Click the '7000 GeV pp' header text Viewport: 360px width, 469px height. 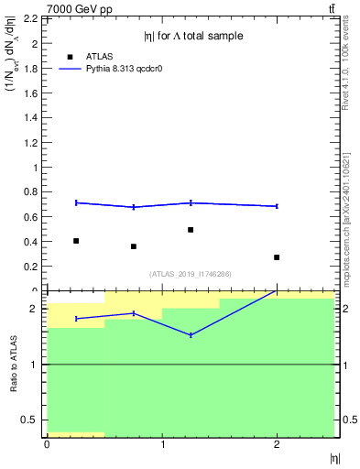80,9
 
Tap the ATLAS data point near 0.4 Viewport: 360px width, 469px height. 76,241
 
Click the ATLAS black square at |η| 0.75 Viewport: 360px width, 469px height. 134,246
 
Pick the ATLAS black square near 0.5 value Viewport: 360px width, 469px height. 191,230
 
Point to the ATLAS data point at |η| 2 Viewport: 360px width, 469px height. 277,257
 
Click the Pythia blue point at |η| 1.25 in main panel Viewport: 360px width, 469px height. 191,202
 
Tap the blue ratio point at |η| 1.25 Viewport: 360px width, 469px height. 191,335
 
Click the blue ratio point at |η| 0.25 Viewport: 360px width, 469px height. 76,319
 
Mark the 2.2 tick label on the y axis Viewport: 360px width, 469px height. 30,19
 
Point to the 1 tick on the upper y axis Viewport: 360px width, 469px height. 37,168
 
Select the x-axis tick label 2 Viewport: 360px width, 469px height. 277,444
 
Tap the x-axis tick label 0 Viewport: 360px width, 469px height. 47,444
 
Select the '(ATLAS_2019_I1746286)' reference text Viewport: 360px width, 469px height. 191,274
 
